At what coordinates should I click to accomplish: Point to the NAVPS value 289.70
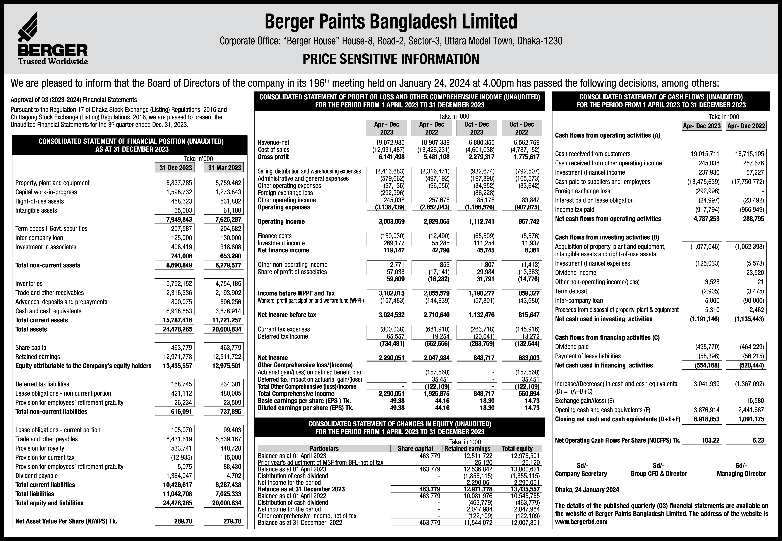coord(183,521)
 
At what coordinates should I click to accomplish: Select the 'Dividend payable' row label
coord(37,476)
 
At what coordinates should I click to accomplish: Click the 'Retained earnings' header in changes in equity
coord(467,448)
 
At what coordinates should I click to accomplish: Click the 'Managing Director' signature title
coord(741,474)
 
